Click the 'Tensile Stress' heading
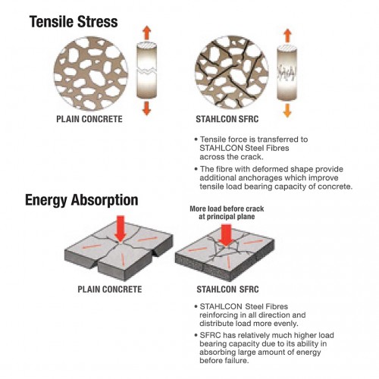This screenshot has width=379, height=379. click(74, 21)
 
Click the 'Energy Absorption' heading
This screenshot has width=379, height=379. click(82, 200)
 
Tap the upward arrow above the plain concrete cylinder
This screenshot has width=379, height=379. click(146, 33)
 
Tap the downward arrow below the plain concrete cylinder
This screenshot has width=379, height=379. click(146, 108)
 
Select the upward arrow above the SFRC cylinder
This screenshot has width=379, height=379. click(287, 36)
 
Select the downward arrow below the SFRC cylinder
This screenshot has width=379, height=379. click(287, 110)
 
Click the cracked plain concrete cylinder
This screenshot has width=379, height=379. click(146, 70)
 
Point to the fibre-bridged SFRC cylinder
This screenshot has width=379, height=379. click(287, 73)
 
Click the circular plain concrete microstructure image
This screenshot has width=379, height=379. click(91, 74)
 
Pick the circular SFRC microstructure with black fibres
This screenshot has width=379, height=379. click(231, 72)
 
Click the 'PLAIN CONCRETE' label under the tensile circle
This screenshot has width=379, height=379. click(89, 119)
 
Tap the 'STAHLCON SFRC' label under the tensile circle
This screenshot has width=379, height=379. click(227, 119)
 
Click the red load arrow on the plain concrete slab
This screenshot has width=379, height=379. click(121, 229)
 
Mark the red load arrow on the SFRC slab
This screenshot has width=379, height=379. click(226, 234)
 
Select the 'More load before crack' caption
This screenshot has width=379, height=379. click(227, 208)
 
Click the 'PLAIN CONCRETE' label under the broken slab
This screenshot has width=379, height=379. click(110, 290)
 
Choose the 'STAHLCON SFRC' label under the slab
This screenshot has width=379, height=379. click(227, 290)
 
